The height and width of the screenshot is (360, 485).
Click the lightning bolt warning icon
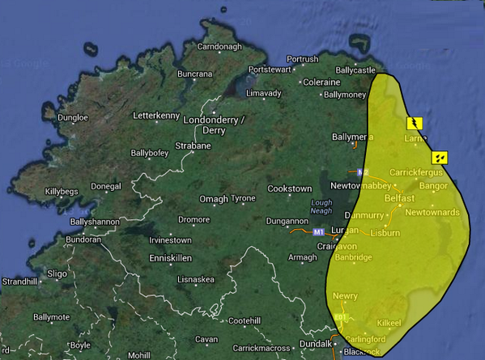click(414, 123)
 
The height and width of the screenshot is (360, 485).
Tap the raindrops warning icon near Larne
click(440, 157)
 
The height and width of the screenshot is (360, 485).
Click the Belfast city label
click(399, 198)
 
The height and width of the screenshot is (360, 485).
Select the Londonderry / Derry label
click(215, 125)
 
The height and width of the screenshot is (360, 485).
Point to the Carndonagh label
click(219, 47)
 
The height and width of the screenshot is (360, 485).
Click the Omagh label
click(215, 198)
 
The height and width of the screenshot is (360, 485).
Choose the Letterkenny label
click(157, 116)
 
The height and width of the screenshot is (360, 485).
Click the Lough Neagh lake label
click(321, 207)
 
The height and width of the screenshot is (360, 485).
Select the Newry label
click(344, 296)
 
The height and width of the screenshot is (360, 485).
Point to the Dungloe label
click(72, 117)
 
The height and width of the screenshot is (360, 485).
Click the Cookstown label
click(289, 188)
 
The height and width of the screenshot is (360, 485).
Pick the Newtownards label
click(432, 212)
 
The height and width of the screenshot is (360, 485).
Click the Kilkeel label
click(389, 323)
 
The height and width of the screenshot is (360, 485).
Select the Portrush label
click(302, 59)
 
